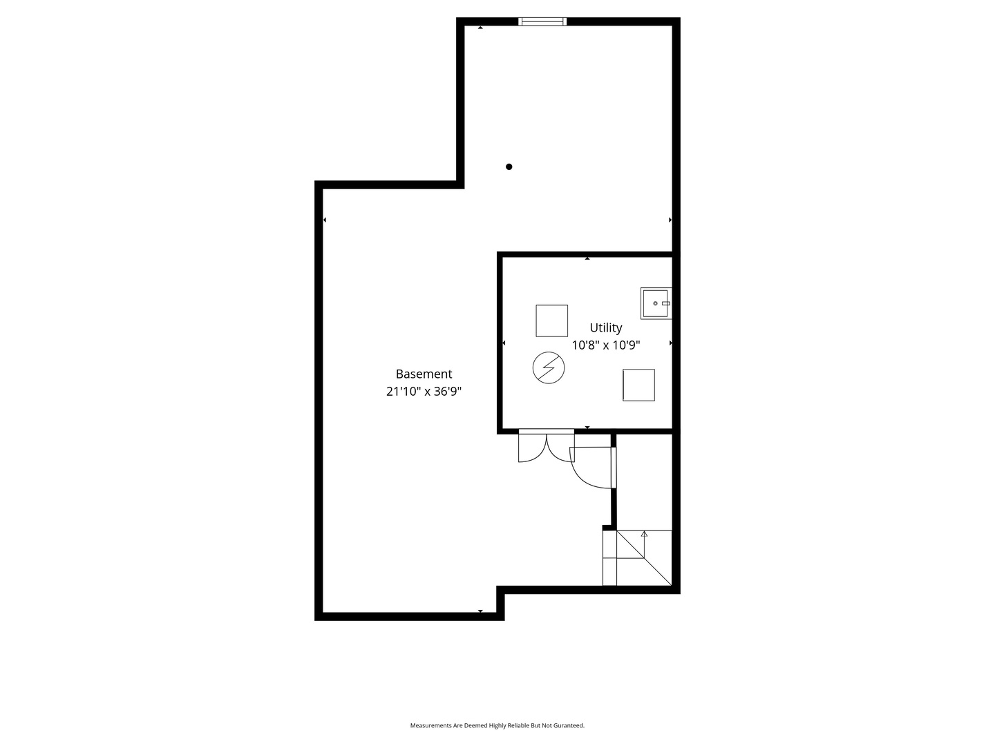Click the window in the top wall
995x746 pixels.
[542, 21]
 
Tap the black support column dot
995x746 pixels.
[509, 166]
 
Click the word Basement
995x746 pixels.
[424, 374]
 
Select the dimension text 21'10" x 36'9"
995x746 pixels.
[424, 392]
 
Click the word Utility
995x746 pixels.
[606, 327]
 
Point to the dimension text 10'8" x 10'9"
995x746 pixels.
[606, 345]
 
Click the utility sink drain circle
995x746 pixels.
[655, 303]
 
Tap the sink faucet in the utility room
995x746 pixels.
[666, 303]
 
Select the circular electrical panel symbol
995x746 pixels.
[549, 368]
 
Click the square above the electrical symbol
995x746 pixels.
[552, 321]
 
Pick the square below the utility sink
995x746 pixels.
[638, 385]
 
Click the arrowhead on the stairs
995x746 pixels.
[644, 534]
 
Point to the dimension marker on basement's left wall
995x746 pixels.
[325, 220]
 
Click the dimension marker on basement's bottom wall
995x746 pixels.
[480, 611]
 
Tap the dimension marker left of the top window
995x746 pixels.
[480, 28]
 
